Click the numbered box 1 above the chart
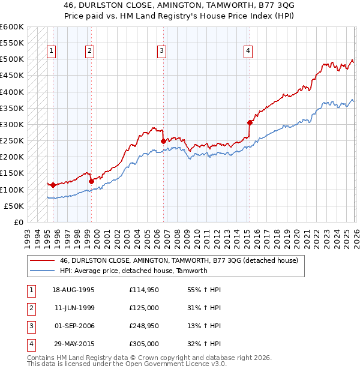52,52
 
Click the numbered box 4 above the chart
248,52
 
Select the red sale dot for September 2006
163,141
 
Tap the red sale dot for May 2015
250,122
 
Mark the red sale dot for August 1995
53,185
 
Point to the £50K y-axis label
14,206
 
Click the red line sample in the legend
42,261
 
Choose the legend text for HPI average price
133,271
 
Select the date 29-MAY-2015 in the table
73,344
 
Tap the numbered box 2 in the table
31,307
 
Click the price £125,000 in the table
143,307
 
